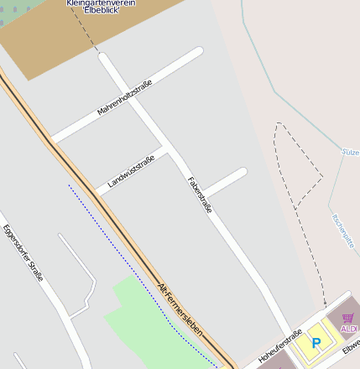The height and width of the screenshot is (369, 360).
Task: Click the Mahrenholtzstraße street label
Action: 124,97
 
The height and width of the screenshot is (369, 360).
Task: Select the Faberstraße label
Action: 199,194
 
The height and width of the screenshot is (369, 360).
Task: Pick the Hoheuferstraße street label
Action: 279,346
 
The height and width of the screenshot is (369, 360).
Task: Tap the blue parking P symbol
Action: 316,342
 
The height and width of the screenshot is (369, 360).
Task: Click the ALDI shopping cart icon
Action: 348,318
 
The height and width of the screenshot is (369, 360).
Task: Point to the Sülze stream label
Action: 351,153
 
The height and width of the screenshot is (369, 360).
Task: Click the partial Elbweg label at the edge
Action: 351,345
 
